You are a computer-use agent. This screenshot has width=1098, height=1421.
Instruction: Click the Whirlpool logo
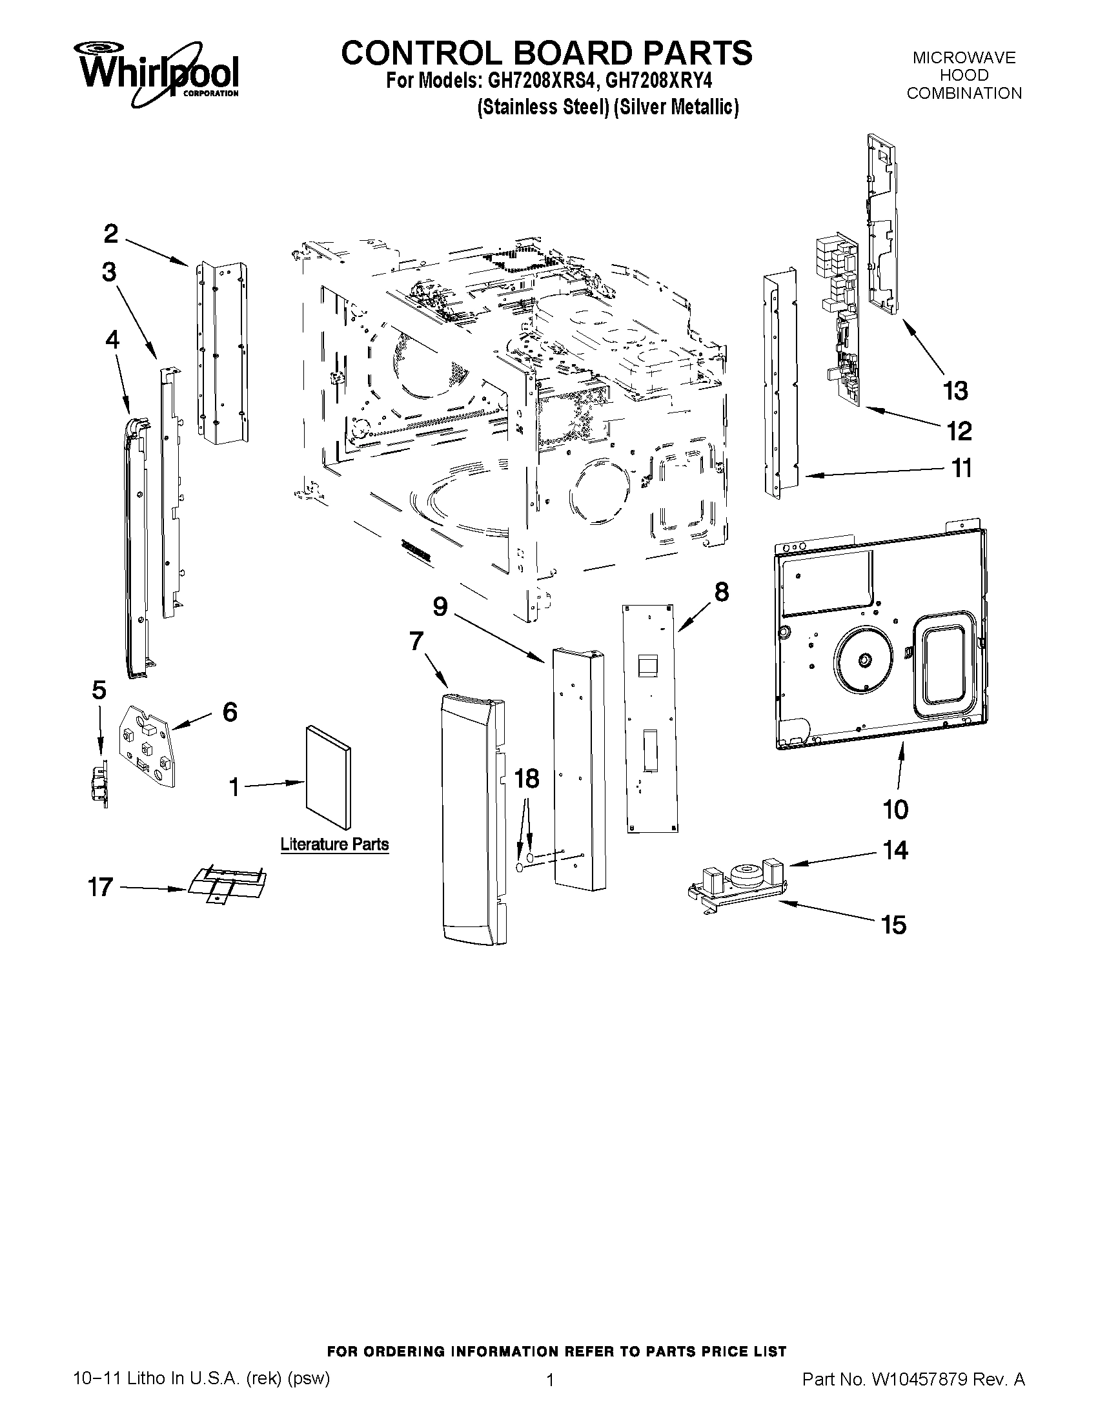coord(159,74)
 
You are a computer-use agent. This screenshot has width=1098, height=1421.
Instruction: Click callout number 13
coord(955,391)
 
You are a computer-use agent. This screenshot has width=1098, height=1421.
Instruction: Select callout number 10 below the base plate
coord(895,810)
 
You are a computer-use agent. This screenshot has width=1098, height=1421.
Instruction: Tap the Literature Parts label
coord(334,844)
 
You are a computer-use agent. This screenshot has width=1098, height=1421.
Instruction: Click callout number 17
coord(100,887)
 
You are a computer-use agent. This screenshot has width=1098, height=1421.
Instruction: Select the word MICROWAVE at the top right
coord(963,58)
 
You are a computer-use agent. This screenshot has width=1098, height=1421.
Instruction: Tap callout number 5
coord(99,690)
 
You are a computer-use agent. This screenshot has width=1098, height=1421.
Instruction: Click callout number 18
coord(527,778)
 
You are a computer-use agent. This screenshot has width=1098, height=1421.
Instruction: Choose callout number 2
coord(111,234)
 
